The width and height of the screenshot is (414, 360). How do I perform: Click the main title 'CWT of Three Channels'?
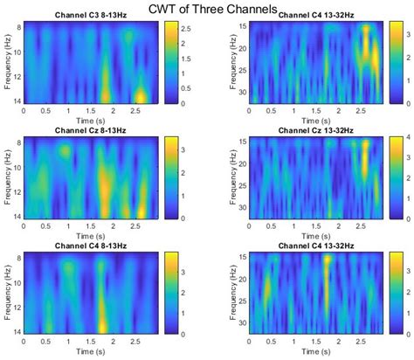click(213, 9)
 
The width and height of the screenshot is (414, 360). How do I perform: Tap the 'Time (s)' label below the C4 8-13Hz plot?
click(93, 351)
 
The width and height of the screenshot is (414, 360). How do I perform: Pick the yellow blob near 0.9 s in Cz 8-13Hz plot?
click(65, 151)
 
